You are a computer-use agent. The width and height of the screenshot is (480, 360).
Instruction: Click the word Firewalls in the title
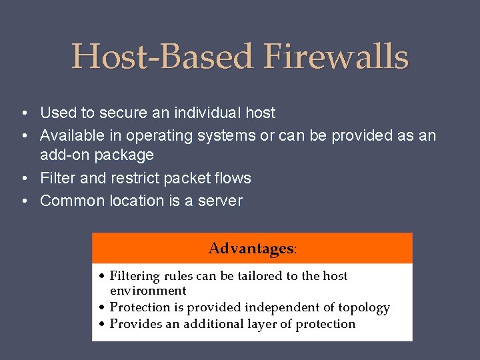coord(336,57)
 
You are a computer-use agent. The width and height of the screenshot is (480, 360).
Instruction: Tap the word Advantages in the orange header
coord(251,249)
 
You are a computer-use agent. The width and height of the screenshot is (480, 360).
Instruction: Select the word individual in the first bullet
coord(209,113)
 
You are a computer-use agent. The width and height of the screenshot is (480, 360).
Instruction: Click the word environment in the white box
coord(147,291)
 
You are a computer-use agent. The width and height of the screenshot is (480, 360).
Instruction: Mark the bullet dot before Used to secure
coord(23,113)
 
